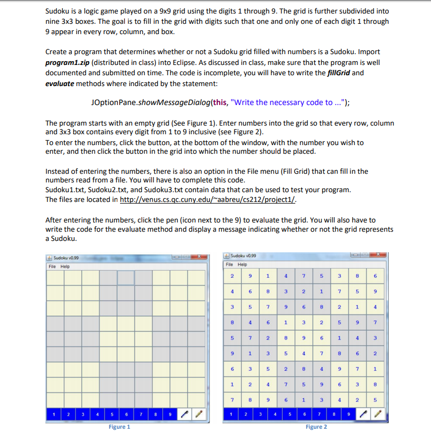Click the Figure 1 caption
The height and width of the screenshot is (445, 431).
pyautogui.click(x=119, y=427)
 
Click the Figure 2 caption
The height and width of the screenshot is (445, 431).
pyautogui.click(x=316, y=427)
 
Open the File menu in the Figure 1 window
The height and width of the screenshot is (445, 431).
pyautogui.click(x=52, y=266)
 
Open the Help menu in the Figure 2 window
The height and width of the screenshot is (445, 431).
pyautogui.click(x=243, y=265)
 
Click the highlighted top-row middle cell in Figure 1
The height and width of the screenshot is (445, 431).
pyautogui.click(x=126, y=277)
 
